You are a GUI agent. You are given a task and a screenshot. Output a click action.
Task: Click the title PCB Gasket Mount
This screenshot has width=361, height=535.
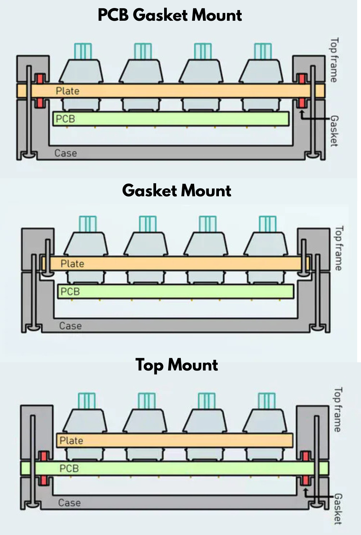point(170,15)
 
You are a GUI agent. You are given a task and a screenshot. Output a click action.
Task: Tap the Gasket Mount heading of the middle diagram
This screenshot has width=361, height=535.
point(176,191)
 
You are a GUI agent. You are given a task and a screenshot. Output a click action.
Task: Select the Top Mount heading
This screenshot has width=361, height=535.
point(176,365)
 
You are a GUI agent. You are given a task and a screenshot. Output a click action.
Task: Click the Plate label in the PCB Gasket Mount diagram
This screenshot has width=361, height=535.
point(68,91)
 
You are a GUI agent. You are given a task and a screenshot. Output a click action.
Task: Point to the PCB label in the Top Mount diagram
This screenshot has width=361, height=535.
point(69,468)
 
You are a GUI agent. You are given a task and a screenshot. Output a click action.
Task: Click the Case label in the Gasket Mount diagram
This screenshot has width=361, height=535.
point(70,326)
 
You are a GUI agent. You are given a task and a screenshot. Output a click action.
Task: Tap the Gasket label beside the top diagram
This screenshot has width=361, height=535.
point(334,131)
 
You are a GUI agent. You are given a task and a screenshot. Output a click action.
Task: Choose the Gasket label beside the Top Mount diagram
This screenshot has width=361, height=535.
point(338,509)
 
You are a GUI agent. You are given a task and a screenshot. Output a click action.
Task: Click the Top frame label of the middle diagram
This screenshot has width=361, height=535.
point(339,248)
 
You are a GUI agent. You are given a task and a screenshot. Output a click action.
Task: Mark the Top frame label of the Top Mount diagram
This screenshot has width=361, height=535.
point(338,410)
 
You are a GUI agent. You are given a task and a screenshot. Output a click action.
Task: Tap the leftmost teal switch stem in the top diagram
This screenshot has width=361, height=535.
point(83,51)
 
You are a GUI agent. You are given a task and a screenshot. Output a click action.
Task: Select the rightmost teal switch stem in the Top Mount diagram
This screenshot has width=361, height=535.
point(267,401)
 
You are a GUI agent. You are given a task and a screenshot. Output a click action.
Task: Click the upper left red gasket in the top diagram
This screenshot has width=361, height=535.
point(40,79)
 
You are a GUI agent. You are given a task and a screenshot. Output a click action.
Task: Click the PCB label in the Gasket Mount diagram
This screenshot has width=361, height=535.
point(70,292)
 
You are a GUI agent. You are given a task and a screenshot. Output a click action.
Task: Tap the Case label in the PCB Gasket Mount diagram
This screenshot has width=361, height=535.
point(66,153)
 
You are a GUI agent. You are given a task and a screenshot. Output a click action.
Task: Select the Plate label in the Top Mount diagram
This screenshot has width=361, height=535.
point(71,441)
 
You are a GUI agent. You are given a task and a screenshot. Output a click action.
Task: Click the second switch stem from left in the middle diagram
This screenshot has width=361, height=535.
point(148,224)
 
